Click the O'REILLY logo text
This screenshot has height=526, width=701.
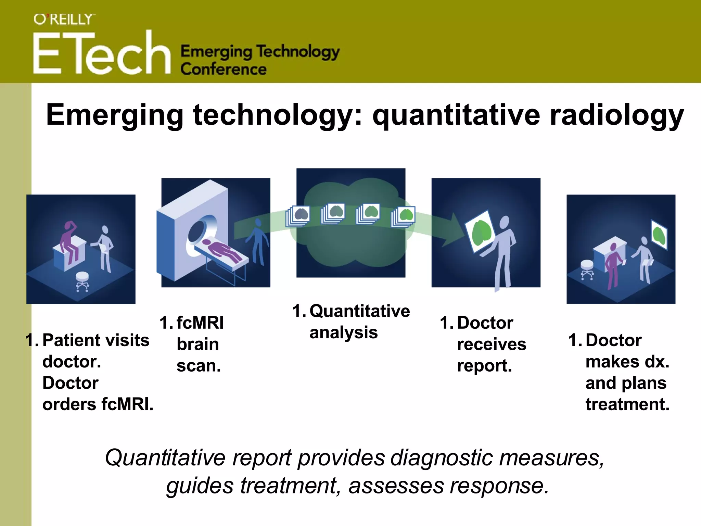64,20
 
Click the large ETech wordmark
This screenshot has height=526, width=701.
102,53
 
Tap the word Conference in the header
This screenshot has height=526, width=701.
223,69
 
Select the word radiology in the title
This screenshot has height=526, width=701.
616,115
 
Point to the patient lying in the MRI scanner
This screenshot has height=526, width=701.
222,250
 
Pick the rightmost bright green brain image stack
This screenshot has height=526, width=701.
404,216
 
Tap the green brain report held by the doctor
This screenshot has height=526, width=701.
481,232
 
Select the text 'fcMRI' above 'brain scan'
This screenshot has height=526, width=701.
200,323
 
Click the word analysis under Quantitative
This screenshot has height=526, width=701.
343,333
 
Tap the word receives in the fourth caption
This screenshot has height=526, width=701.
492,344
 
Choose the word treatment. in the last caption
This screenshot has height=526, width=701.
627,404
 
